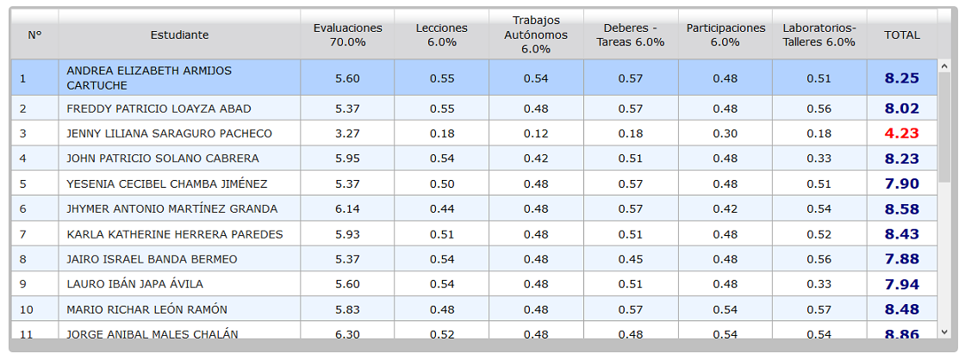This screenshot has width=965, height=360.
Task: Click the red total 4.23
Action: coord(901,133)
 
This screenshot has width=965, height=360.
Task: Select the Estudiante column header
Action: coord(180,35)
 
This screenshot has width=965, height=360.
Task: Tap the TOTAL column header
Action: coord(902,35)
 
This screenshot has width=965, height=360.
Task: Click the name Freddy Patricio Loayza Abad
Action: coord(159,109)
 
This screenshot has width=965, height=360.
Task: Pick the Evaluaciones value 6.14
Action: coord(348,209)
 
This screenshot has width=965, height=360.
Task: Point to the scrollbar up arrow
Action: coord(944,65)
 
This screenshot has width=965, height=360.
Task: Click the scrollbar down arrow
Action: coord(944,332)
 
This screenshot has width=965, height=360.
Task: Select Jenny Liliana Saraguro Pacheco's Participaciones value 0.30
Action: coord(725,133)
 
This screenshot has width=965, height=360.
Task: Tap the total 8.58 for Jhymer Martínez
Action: coord(901,209)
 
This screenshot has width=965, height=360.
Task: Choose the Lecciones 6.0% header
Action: coord(442,35)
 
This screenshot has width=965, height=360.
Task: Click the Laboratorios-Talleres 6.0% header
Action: coord(819,35)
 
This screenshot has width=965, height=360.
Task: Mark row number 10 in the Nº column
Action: coord(27,309)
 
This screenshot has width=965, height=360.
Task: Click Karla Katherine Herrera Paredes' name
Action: coord(175,234)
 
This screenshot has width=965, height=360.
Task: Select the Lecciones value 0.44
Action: coord(442,209)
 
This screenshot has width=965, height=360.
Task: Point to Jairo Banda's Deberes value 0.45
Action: coord(631,259)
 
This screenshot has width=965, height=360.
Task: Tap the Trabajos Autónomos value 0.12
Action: coord(536,133)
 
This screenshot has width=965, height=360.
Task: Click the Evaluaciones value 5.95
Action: coord(348,158)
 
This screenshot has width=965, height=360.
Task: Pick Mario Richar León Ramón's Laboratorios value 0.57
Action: coord(819,309)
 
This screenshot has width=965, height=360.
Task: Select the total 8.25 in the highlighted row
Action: coord(901,78)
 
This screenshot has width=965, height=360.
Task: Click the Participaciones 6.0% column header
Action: coord(726,35)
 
